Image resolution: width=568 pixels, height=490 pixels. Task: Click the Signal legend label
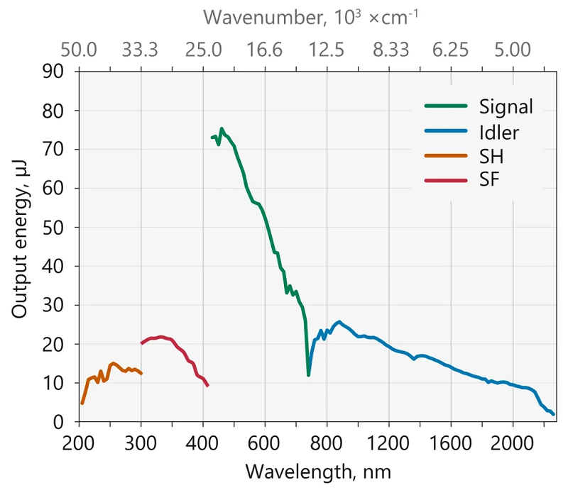pos(506,107)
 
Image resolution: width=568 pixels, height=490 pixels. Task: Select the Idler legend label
pos(498,131)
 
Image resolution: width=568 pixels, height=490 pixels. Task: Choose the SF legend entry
pos(489,179)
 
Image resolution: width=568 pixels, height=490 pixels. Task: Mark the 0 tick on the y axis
pos(60,422)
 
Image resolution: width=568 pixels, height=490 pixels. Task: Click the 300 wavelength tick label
pos(141,442)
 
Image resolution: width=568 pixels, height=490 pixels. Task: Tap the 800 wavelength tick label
pos(327,442)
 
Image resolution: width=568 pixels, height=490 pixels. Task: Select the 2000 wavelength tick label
pos(513,442)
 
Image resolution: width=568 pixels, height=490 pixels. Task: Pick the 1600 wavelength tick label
pos(451,442)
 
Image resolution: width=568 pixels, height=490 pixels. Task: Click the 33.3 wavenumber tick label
pos(141,50)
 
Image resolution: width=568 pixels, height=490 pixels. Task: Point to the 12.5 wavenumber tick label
pos(327,50)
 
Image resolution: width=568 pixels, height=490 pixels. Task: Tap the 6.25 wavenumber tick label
pos(451,50)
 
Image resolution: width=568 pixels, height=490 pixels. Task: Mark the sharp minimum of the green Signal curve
pos(308,374)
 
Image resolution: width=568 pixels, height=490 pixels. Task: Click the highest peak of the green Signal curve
pos(222,129)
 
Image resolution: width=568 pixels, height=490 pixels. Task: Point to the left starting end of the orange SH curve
pos(82,403)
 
